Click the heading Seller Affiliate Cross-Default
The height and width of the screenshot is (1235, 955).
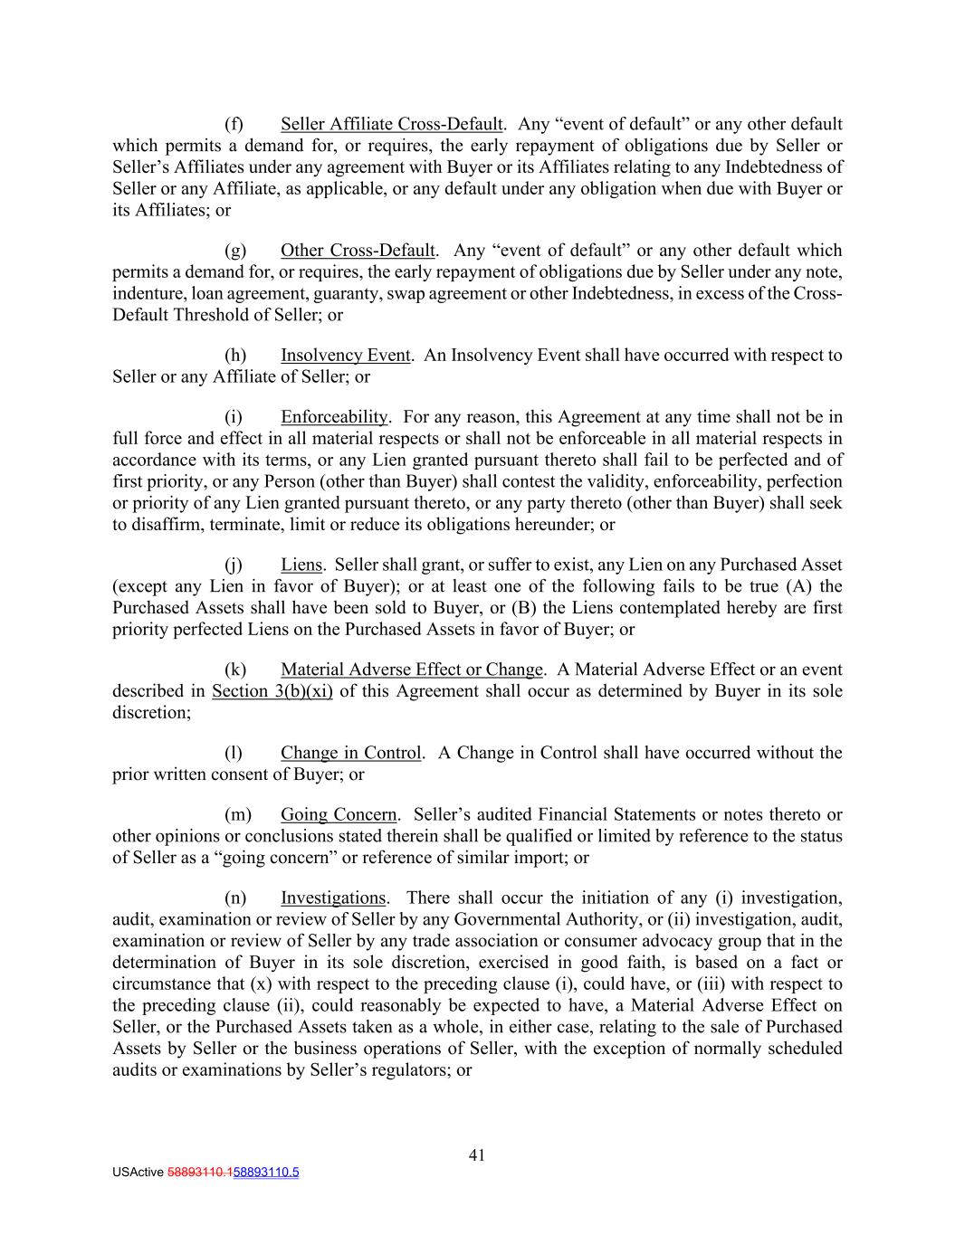[391, 124]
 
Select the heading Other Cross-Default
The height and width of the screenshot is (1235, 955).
[358, 250]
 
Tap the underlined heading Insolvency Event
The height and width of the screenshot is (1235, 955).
[345, 355]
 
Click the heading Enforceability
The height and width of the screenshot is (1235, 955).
[334, 417]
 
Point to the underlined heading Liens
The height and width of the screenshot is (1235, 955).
[301, 565]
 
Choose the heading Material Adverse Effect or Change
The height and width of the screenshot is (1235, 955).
[412, 670]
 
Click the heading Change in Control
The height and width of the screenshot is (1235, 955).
[351, 753]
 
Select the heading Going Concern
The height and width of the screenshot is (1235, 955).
[339, 814]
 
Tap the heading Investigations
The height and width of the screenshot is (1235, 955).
[333, 898]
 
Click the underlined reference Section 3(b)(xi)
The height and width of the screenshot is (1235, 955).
[272, 691]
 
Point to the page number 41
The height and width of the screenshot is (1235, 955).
[477, 1154]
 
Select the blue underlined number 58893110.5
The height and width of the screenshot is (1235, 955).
[266, 1173]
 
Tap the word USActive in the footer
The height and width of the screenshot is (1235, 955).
[138, 1173]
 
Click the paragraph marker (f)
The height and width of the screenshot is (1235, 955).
[234, 124]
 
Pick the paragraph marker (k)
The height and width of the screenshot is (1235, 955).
[234, 670]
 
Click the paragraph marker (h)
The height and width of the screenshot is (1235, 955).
[234, 355]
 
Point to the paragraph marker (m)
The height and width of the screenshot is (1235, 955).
[236, 814]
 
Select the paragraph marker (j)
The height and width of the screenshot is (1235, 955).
[234, 565]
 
